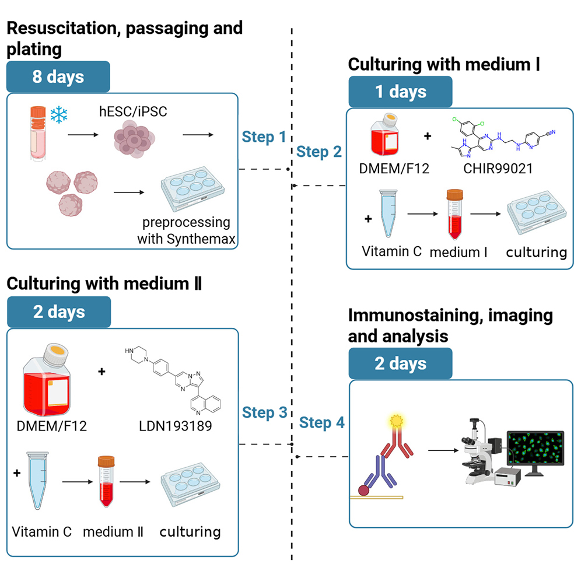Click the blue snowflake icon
(59, 114)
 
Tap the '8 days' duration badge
(58, 76)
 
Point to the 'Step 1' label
(264, 138)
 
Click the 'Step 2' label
(320, 152)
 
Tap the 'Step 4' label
(321, 422)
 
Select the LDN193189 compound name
(176, 426)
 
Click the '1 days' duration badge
(400, 92)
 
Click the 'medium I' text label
(459, 252)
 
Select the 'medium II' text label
(113, 531)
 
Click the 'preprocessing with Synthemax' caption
(184, 231)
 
